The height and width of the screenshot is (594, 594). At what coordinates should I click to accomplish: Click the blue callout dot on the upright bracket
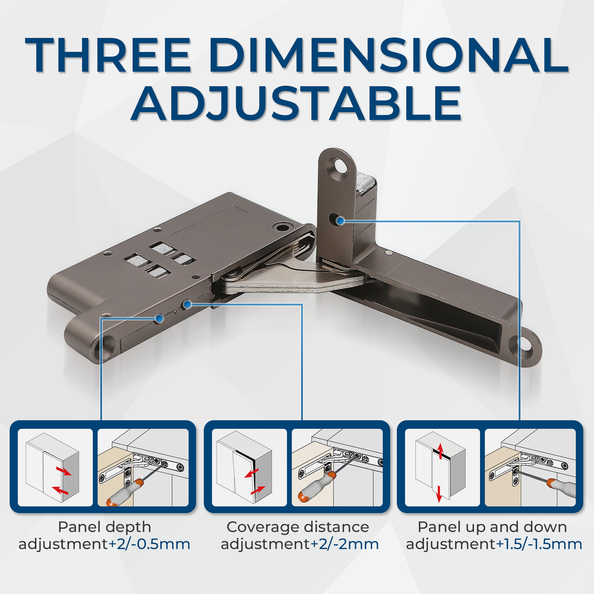[340, 221]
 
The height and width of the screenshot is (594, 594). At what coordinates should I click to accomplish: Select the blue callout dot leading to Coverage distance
[187, 305]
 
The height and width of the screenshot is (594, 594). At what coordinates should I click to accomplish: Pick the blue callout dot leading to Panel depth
[160, 318]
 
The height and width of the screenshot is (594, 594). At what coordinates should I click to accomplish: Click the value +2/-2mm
[344, 544]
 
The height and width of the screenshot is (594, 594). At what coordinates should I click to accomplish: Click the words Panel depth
[105, 527]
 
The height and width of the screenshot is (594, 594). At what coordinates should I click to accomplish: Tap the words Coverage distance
[298, 527]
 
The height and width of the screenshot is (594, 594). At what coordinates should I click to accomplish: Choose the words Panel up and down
[492, 527]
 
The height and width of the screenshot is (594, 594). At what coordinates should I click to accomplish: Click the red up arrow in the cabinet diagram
[441, 450]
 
